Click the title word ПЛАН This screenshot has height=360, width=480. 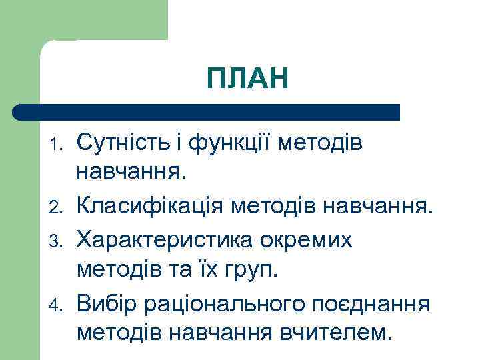tap(248, 78)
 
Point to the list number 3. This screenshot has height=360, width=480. tap(58, 241)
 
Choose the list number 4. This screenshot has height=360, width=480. tap(58, 305)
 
